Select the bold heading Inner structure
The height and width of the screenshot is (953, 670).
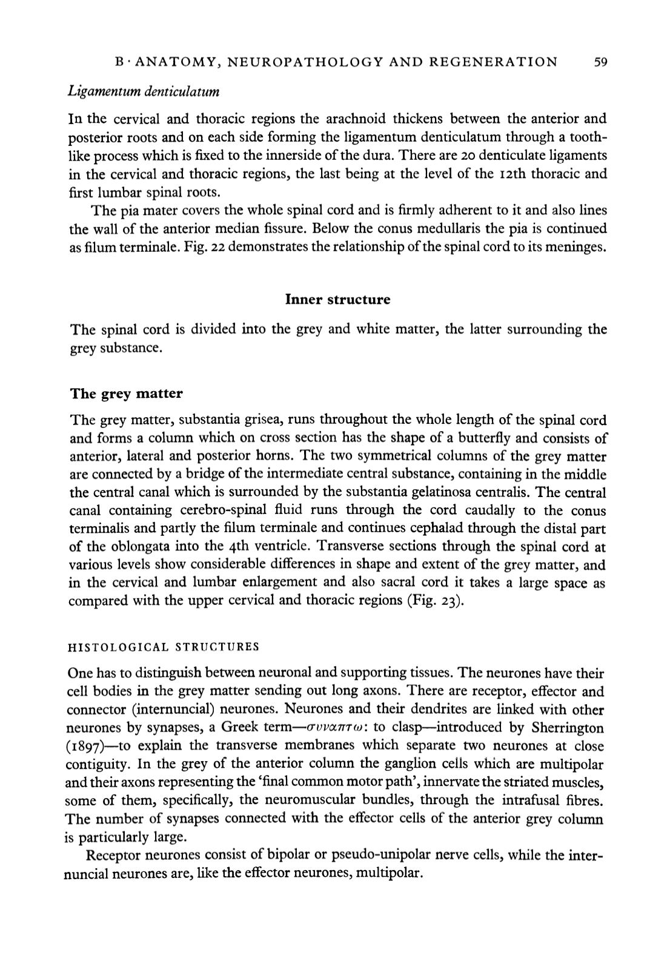pyautogui.click(x=337, y=300)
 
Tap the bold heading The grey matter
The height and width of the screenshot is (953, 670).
pyautogui.click(x=126, y=394)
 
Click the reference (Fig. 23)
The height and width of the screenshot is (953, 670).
pyautogui.click(x=436, y=601)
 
